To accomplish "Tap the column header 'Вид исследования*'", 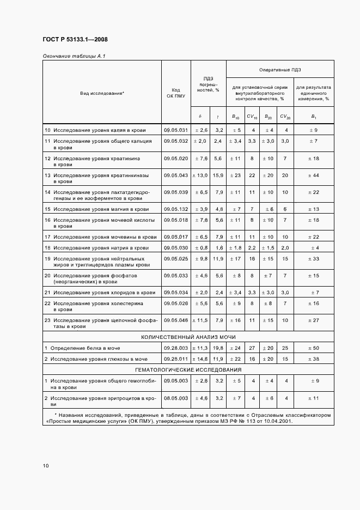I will (102, 93).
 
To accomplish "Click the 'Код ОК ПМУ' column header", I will (176, 93).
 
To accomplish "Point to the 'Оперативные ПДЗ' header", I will (280, 69).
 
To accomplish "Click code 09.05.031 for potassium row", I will (176, 130).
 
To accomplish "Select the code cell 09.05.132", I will (176, 209).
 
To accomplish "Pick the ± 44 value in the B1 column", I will (314, 175).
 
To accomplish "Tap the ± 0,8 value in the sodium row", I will (201, 247).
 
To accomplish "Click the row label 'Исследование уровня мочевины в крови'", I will (105, 236).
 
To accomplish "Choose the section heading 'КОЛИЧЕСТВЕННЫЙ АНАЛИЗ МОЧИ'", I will (188, 337).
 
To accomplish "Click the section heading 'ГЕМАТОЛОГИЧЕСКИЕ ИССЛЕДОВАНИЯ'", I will (188, 369).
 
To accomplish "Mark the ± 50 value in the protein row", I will (314, 348).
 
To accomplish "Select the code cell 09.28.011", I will (176, 359).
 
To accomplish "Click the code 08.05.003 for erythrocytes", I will (176, 398).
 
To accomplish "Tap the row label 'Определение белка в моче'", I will (86, 348).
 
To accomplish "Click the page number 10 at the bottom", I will (46, 466).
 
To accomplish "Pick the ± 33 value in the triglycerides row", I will (314, 258).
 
